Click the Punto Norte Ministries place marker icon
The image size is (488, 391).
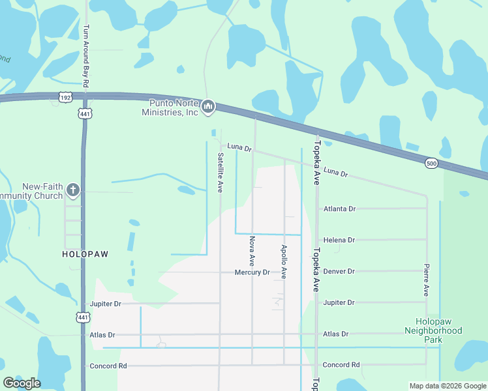tap(208, 106)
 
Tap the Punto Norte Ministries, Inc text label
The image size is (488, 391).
tap(170, 108)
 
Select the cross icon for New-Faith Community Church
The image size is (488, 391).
tap(73, 190)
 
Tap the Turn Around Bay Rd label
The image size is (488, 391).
tap(85, 52)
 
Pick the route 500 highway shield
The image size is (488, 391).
tap(431, 162)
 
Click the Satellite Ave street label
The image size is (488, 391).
tap(221, 172)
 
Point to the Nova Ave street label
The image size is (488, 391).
tap(252, 252)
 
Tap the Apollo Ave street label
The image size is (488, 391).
tap(284, 262)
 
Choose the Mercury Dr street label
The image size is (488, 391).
tap(252, 272)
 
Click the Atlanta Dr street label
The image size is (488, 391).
tap(339, 209)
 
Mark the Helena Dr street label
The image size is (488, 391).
tap(339, 240)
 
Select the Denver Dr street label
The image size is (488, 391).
tap(339, 272)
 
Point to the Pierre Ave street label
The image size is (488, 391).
tap(426, 280)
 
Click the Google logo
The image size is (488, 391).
tap(22, 383)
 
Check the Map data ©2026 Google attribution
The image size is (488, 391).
tap(447, 386)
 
